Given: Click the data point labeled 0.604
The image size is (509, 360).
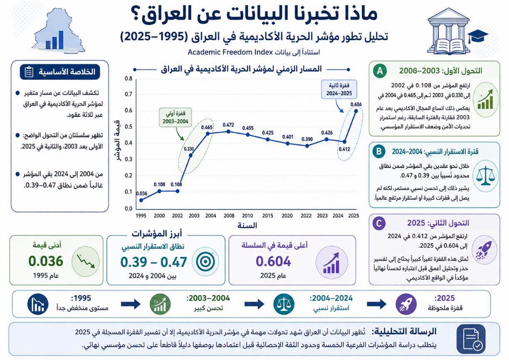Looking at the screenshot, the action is [x=356, y=111].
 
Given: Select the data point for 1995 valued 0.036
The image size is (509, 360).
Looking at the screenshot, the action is [x=141, y=200].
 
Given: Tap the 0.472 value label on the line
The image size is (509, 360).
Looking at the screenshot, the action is [x=228, y=125].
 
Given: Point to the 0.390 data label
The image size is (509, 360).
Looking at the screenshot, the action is [x=307, y=139].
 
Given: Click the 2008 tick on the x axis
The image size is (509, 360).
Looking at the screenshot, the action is [x=229, y=216].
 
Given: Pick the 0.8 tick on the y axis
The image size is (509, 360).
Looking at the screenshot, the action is [x=128, y=79].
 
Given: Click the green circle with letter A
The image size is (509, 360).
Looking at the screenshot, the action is [x=380, y=71].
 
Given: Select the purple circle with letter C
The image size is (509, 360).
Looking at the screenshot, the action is [x=379, y=223].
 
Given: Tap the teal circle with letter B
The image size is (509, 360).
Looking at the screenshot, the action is [x=379, y=151].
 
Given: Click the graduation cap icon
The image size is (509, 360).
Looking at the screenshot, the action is [x=478, y=36].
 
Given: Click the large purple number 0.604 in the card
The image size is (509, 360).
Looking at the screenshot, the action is [x=273, y=261].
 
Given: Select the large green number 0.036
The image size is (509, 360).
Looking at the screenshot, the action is [x=46, y=261].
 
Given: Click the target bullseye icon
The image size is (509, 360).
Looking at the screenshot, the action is [x=205, y=261].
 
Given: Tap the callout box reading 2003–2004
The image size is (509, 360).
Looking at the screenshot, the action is [x=175, y=117].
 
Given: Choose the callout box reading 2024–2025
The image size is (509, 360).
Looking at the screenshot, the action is [x=339, y=89].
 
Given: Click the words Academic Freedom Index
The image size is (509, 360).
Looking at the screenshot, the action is [x=230, y=52].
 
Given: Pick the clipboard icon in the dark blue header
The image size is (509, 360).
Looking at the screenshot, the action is [x=29, y=72].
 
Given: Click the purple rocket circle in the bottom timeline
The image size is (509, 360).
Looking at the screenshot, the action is [x=406, y=304].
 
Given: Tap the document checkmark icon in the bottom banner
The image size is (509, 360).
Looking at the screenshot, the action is [x=471, y=339].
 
